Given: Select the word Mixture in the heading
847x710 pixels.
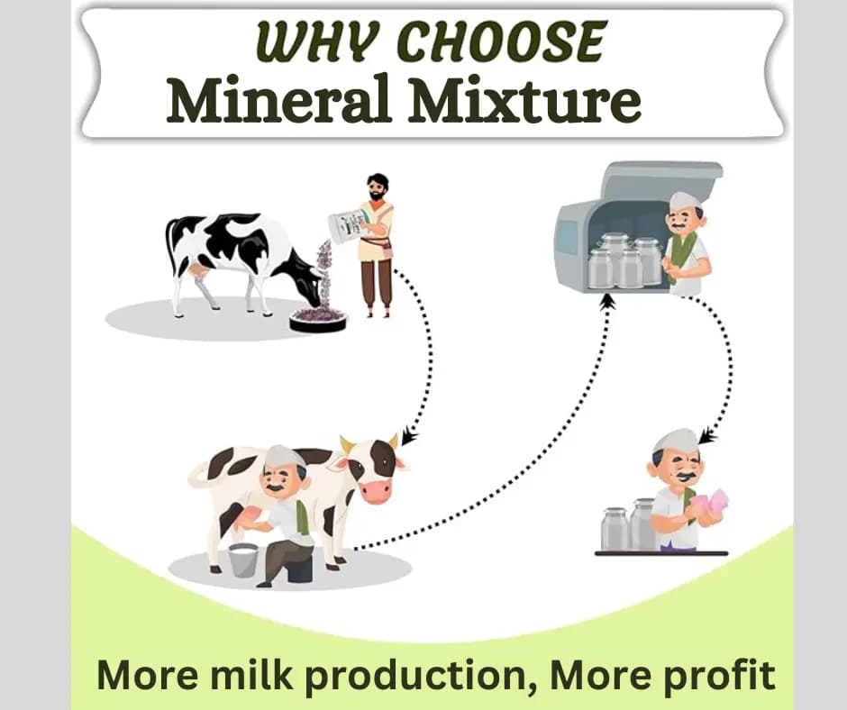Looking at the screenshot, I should point(524,103).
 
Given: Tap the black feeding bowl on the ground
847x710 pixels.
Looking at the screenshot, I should point(317,319).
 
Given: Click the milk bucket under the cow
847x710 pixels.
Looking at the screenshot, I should point(242,560).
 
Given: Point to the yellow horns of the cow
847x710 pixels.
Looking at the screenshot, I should point(369,442).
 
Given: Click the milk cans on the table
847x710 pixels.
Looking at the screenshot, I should point(627,526).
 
